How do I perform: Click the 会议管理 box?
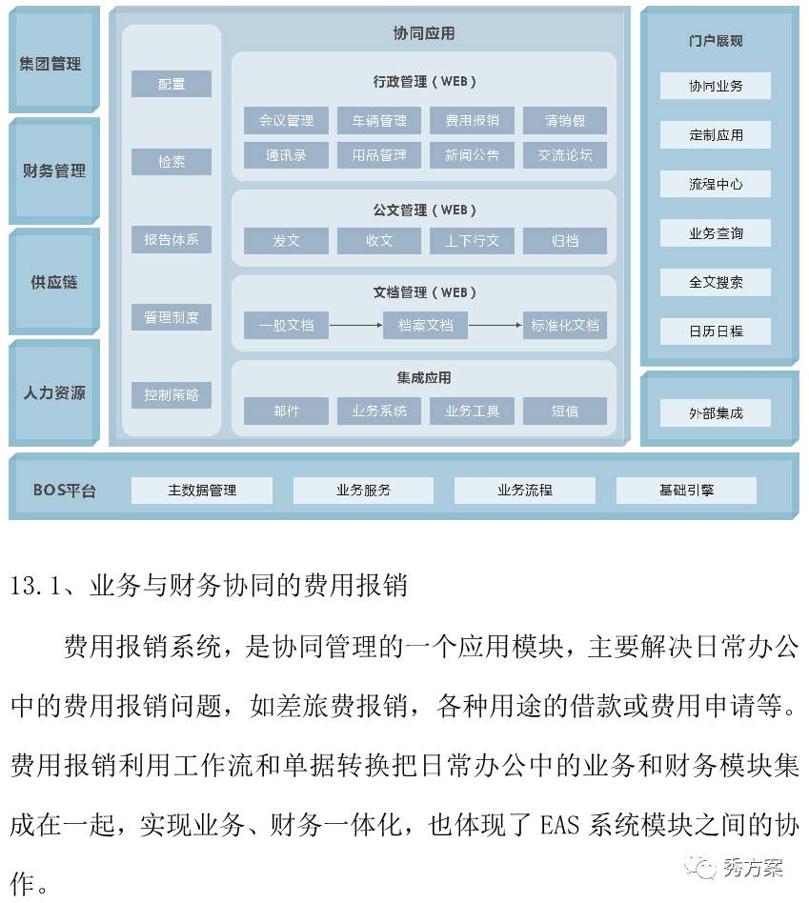(286, 120)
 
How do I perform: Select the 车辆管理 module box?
(379, 120)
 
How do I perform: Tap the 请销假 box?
(565, 120)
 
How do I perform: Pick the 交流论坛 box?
(565, 155)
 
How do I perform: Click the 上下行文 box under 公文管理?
(472, 241)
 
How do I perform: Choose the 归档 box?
(565, 241)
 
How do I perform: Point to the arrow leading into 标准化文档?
(496, 326)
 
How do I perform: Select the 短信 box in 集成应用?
(565, 411)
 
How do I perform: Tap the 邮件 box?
(286, 411)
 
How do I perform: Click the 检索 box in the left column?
(172, 162)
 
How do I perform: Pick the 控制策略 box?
(172, 395)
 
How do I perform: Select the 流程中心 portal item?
(715, 184)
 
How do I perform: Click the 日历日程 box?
(715, 331)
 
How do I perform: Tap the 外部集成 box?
(715, 412)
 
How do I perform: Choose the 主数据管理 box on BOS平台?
(202, 491)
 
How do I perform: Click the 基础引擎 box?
(686, 491)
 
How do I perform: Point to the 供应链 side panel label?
(53, 282)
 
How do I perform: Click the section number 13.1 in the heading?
(35, 586)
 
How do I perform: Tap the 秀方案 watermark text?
(753, 868)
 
